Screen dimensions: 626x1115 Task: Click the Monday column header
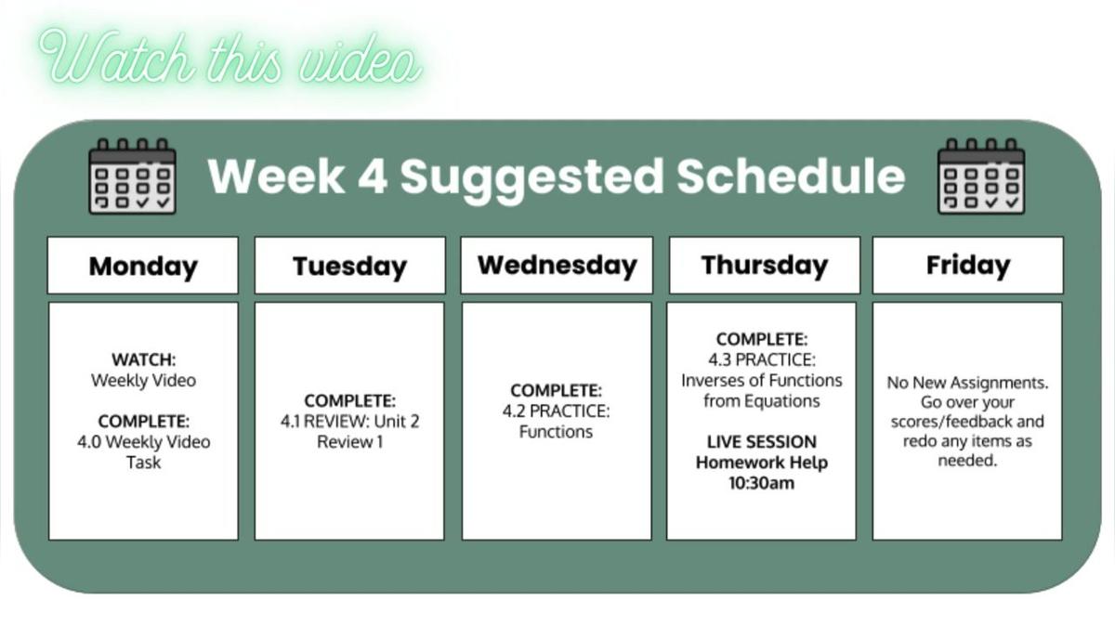point(143,267)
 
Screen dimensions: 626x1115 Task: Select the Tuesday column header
point(349,267)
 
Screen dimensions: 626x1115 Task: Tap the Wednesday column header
point(557,266)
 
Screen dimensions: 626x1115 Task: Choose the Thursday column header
point(764,266)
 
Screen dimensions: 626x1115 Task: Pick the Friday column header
point(967,266)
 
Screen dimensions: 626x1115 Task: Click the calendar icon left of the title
point(132,176)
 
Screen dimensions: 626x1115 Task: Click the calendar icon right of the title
point(981,176)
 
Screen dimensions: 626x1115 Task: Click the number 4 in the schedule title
point(373,176)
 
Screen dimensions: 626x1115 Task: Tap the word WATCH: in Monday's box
point(143,359)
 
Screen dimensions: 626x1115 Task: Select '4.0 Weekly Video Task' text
point(143,451)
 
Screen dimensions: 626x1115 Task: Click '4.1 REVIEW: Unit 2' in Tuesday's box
point(349,422)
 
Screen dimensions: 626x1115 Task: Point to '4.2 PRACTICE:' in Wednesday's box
point(557,411)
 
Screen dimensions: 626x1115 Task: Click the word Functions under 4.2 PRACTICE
point(556,432)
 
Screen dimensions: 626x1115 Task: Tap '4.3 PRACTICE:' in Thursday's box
point(762,360)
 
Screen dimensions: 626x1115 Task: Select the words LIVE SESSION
point(762,441)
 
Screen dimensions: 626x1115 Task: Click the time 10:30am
point(762,483)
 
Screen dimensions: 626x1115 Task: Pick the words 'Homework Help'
point(762,463)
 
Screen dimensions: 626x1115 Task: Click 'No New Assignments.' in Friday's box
point(967,383)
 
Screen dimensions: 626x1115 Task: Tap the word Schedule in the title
point(790,176)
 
